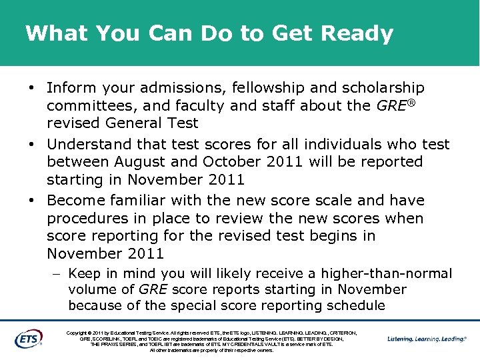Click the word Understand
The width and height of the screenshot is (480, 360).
[89, 144]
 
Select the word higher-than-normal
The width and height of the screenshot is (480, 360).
[387, 273]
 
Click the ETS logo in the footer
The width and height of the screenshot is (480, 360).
[29, 339]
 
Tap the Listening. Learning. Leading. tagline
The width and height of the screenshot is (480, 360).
[427, 339]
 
